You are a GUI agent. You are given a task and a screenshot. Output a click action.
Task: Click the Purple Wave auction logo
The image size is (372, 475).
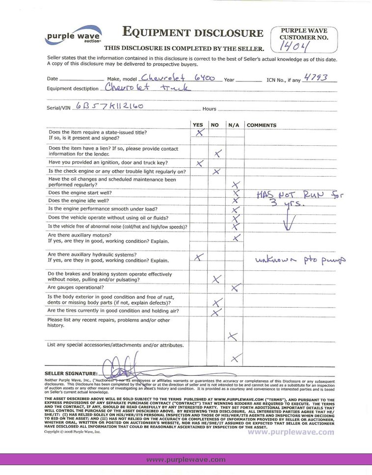(73, 35)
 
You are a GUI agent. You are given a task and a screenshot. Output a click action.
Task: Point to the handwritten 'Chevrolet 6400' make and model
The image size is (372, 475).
(177, 77)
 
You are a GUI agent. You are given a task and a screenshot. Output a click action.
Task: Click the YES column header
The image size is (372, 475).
(197, 125)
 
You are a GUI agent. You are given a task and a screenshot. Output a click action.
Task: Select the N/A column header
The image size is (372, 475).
(234, 125)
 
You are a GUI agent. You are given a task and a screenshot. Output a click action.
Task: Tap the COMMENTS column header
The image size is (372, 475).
(262, 125)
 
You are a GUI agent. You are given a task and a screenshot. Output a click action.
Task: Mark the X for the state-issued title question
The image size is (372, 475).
(199, 133)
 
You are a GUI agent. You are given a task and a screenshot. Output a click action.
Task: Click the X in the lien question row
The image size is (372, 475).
(218, 154)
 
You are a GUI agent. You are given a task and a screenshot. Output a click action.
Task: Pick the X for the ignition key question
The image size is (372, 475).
(200, 163)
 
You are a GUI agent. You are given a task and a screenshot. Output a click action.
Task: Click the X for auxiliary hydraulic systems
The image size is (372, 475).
(199, 257)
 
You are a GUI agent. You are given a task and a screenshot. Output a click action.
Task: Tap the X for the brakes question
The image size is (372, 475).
(215, 279)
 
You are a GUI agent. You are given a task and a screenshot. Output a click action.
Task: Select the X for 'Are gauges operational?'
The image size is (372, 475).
(236, 288)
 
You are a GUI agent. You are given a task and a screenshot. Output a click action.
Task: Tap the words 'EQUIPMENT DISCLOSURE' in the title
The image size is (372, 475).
(192, 33)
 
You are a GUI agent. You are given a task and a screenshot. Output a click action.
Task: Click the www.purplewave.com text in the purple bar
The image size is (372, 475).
(186, 460)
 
